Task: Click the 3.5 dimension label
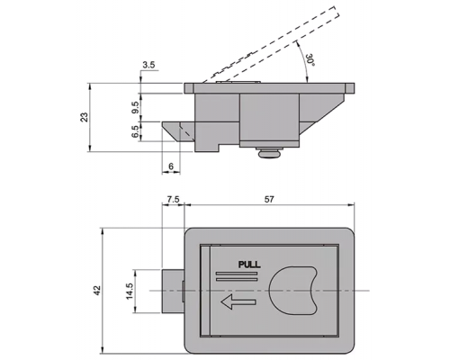click(148, 65)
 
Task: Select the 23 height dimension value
click(85, 117)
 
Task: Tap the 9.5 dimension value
click(135, 107)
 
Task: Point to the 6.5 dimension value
click(135, 131)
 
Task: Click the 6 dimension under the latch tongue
click(171, 166)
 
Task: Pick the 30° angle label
click(310, 60)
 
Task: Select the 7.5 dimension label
click(173, 199)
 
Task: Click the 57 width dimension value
click(269, 199)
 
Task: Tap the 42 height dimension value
click(97, 290)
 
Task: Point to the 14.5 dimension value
click(130, 291)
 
